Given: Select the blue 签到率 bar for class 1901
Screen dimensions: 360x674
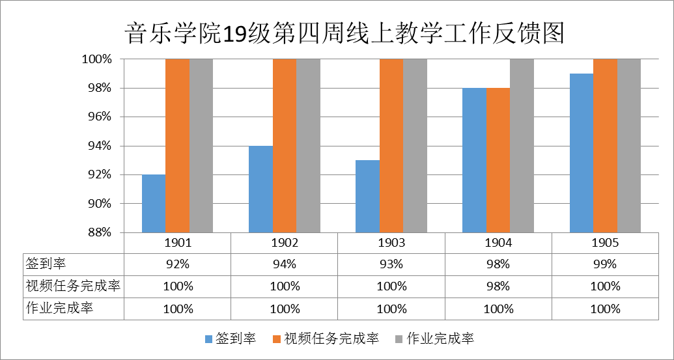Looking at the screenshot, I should pos(154,203).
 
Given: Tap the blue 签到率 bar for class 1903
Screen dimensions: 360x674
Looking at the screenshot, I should pos(367,196).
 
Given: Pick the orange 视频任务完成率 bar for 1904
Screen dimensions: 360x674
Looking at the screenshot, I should pos(498,160).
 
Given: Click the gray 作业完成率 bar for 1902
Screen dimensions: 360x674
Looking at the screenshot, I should pos(309,146).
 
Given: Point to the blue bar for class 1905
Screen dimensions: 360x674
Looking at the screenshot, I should pos(582,153).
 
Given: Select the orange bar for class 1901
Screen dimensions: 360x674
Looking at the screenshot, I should pos(178,146).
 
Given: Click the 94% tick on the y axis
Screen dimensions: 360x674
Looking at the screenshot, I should pos(96,146).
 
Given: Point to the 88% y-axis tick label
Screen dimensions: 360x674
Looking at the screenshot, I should pos(96,232).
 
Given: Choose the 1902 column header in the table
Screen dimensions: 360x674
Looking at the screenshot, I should pos(285,243).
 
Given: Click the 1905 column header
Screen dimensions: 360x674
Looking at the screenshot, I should pos(605,243).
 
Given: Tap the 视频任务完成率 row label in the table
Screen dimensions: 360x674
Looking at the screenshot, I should pos(74,286).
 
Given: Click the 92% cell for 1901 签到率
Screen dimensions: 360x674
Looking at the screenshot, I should pos(178,264).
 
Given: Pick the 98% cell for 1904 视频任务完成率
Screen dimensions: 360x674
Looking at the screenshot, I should pos(498,286).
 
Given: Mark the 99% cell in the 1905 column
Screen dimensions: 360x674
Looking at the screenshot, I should pos(605,264).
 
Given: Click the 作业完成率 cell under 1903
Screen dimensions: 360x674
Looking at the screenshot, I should pos(391,309).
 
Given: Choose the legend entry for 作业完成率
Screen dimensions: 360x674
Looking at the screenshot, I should pos(440,339).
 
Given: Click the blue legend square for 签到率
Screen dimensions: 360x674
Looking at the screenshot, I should pos(208,339).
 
